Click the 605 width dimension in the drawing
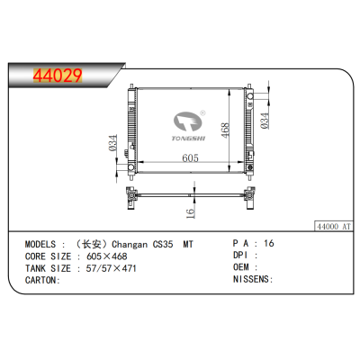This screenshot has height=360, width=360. point(188,157)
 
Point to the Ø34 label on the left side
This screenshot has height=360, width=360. point(112,144)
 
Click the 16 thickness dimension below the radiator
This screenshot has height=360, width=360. point(191,211)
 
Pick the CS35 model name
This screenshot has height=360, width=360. point(164,244)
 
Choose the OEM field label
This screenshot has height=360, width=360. point(242,267)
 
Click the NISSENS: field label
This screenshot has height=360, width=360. point(253,280)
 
